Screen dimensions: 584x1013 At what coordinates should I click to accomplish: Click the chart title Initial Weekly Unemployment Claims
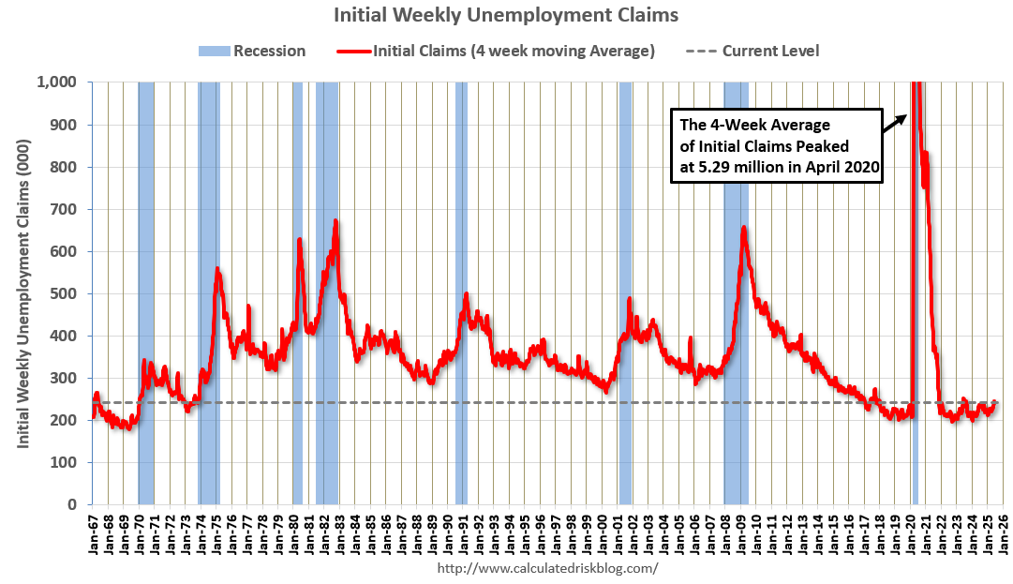(x=506, y=15)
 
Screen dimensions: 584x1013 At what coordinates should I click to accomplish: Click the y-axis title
(x=22, y=293)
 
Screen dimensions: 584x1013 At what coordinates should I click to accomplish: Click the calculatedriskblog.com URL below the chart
(x=547, y=568)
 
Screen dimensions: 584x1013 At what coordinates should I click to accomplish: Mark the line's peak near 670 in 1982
(x=335, y=221)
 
